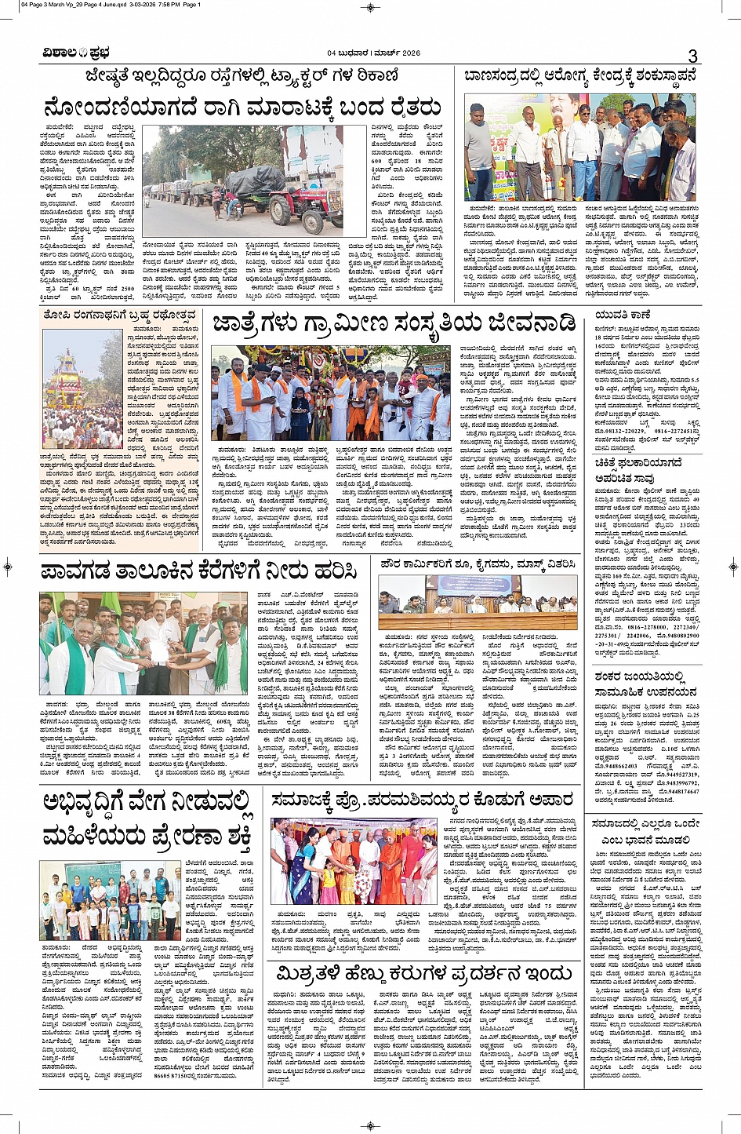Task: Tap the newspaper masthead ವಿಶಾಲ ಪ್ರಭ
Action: (x=76, y=53)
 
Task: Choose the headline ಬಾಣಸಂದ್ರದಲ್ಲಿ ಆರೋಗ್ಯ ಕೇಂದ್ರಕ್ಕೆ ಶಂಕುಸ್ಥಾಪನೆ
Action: (x=579, y=76)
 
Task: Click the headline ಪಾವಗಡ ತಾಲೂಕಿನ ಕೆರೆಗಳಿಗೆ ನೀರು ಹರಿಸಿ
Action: (x=200, y=571)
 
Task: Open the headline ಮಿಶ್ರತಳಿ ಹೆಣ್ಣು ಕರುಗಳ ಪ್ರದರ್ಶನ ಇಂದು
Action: (x=424, y=974)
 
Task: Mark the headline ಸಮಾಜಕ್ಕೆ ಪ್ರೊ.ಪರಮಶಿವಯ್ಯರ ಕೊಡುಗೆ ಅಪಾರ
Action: (x=423, y=800)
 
